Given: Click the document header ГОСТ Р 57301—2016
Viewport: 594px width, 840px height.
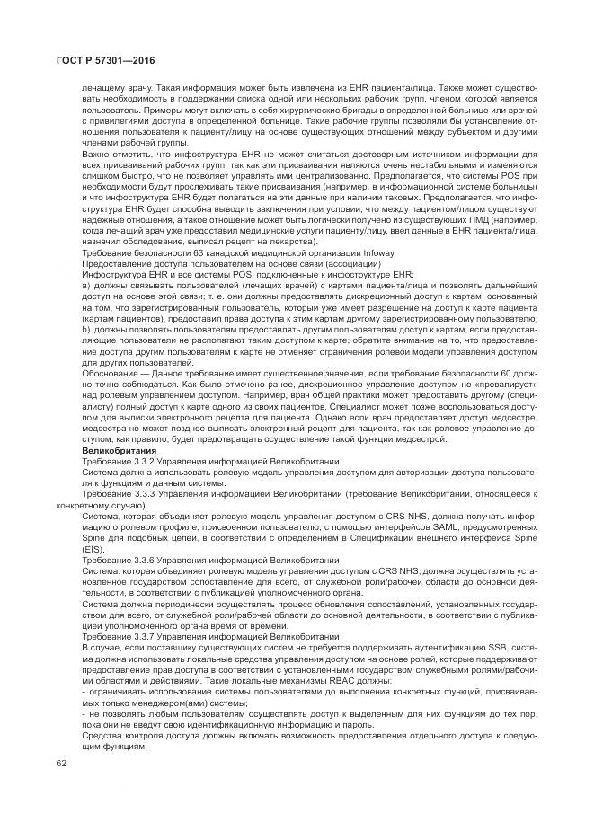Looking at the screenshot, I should (x=97, y=60).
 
